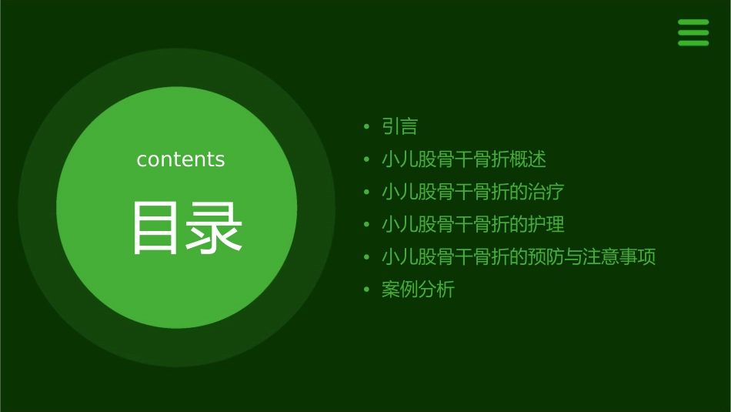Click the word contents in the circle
(x=181, y=159)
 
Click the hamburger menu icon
(x=693, y=33)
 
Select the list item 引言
(x=399, y=126)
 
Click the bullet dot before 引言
(x=367, y=127)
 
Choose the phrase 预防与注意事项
(x=592, y=256)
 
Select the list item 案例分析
(x=418, y=290)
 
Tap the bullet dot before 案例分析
(x=367, y=290)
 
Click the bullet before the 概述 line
(x=367, y=160)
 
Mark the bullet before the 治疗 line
(x=367, y=193)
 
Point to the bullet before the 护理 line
(x=367, y=225)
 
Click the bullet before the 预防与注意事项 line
(x=367, y=257)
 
